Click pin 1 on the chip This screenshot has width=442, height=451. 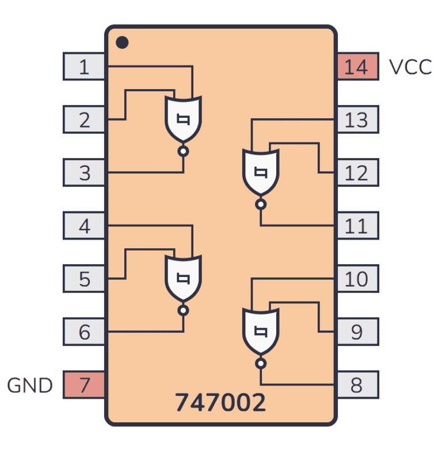coord(84,67)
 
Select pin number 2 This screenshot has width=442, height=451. coord(84,120)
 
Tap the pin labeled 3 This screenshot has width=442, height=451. coord(84,172)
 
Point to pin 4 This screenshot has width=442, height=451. coord(84,226)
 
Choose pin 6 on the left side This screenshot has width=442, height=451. coord(84,331)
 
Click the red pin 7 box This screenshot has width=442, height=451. coord(84,384)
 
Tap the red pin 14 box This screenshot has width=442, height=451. coord(357,67)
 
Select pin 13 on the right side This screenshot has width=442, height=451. coord(357,120)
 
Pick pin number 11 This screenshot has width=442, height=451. coord(357,226)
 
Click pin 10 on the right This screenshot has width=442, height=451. coord(357,279)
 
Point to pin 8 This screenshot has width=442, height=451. coord(357,384)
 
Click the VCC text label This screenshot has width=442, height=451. coord(410,67)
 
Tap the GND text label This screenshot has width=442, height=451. coord(30,385)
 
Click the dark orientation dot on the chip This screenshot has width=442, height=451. coord(121,42)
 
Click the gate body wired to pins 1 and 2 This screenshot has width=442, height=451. coord(184,118)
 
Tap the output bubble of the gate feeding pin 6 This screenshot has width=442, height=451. coord(184,311)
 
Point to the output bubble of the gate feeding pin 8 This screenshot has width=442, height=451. coord(261,363)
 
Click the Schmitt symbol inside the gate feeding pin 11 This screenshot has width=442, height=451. coord(261,172)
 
